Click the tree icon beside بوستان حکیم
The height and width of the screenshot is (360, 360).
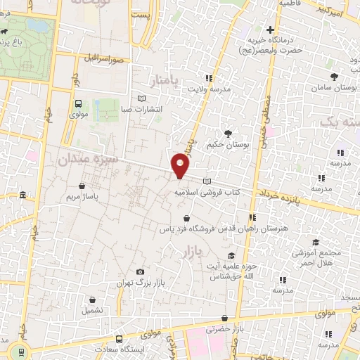227,133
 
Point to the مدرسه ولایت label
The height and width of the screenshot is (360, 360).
209,89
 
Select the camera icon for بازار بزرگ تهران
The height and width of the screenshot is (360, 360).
141,272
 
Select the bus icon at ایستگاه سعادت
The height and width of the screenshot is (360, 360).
118,338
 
